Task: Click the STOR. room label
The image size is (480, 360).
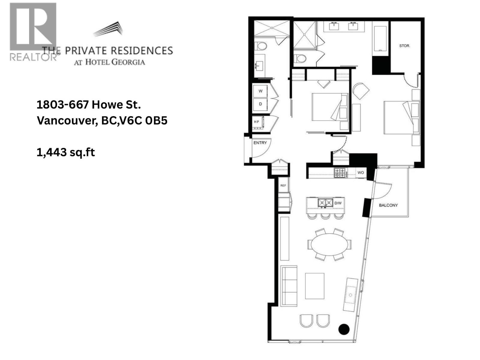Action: click(404, 46)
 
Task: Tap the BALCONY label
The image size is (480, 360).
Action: click(388, 205)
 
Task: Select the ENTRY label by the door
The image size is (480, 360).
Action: click(260, 143)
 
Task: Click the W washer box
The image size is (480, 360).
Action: click(260, 91)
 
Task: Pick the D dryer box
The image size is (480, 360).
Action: click(260, 104)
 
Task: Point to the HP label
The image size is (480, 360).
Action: click(256, 122)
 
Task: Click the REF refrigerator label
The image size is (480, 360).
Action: click(283, 186)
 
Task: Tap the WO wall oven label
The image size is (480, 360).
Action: click(361, 172)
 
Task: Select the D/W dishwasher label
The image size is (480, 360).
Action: click(338, 203)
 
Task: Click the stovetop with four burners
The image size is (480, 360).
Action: click(340, 172)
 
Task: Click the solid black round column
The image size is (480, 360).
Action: click(344, 329)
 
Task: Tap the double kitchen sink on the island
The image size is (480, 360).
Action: click(325, 203)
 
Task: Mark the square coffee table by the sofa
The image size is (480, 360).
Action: click(314, 286)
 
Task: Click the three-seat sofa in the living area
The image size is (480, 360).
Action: click(289, 286)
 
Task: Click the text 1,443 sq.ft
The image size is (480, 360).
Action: click(66, 152)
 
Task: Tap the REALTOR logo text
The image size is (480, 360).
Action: click(33, 57)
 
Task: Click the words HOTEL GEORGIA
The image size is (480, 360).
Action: click(115, 62)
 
